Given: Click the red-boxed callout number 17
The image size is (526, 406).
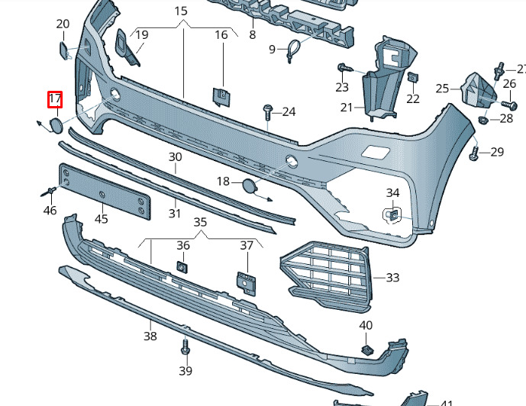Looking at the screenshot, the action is [x=55, y=99].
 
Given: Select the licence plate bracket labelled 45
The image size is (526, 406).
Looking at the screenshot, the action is [x=105, y=191].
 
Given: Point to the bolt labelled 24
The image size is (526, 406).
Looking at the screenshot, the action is [x=268, y=112].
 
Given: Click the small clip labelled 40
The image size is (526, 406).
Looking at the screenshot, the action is [x=368, y=350].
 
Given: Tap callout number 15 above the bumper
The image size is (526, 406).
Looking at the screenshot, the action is [x=181, y=11].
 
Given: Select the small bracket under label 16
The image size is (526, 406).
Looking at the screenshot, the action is [x=221, y=97].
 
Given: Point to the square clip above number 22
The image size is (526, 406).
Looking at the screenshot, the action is [x=413, y=77].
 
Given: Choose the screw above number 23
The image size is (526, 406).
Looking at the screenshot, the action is [x=345, y=68].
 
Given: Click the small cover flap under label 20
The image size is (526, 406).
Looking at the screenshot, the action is [x=64, y=50].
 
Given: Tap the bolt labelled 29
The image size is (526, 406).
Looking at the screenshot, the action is [x=473, y=154].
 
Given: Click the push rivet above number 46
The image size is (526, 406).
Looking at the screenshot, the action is [x=49, y=192].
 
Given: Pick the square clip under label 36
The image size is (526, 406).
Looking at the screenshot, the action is [x=182, y=266].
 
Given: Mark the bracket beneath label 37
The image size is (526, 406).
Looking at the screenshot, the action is [x=247, y=283].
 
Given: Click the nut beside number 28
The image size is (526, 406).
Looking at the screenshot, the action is [x=483, y=120].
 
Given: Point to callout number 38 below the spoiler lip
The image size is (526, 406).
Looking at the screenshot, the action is [x=150, y=336].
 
